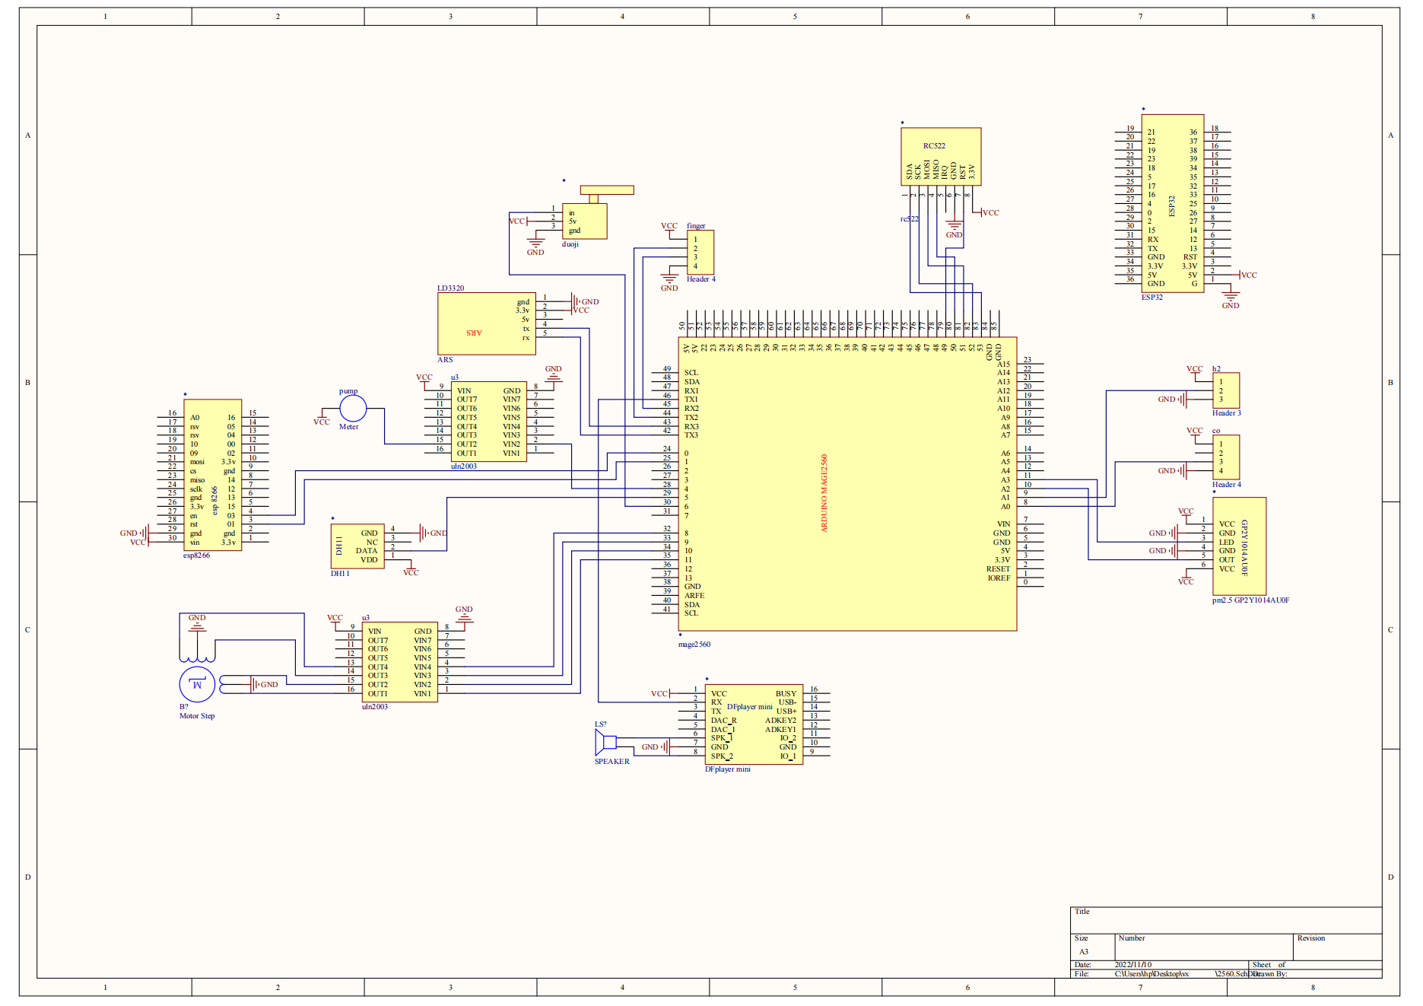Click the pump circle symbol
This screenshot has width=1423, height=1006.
tap(352, 409)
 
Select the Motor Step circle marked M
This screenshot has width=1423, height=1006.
tap(197, 684)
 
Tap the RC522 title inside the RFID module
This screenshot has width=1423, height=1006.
tap(934, 146)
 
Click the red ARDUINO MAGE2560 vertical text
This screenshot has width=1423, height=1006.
tap(824, 493)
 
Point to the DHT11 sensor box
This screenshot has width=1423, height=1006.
tap(357, 546)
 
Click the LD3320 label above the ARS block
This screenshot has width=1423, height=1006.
tap(450, 288)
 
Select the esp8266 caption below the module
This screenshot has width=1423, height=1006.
tap(196, 556)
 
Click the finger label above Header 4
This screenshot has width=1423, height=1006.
tap(696, 226)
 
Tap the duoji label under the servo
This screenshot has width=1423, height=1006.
tap(570, 244)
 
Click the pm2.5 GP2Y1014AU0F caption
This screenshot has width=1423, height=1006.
tap(1250, 600)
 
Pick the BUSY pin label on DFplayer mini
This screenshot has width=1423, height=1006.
tap(786, 694)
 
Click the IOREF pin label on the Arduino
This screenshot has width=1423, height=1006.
tap(999, 578)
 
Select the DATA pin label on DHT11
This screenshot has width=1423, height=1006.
tap(367, 551)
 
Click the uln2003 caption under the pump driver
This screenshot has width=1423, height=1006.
tap(463, 466)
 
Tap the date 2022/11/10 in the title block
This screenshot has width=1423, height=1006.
tap(1133, 965)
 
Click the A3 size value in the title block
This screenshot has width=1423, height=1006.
tap(1084, 952)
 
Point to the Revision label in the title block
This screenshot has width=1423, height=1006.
tap(1311, 938)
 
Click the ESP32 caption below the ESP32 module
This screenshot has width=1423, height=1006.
tap(1151, 298)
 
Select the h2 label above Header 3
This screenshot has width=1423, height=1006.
tap(1216, 369)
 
